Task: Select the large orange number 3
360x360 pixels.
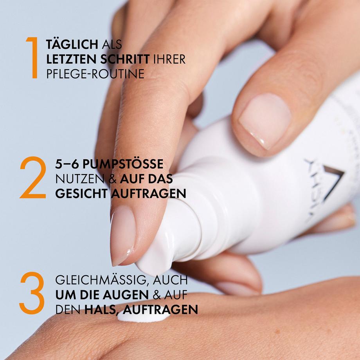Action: pos(32,293)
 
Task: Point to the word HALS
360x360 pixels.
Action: pos(99,310)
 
